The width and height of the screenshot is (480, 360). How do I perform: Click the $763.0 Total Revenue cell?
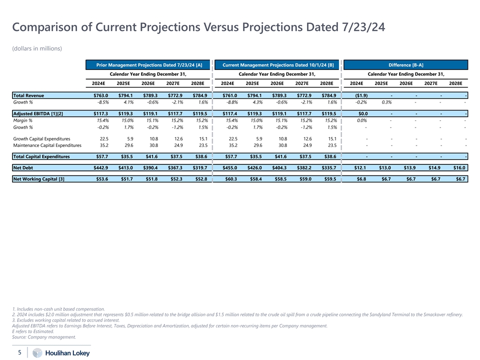tap(100, 95)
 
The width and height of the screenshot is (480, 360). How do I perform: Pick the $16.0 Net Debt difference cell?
tap(459, 167)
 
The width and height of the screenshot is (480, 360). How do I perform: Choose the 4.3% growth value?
tap(254, 102)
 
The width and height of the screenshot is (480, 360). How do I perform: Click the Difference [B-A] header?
tap(405, 65)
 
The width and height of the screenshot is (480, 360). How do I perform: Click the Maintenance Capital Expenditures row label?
tap(47, 145)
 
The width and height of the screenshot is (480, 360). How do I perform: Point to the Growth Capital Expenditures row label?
tap(41, 138)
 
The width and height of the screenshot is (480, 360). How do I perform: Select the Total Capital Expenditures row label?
tap(41, 156)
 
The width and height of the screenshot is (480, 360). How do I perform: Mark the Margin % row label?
tap(22, 120)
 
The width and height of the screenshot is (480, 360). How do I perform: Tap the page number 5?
tap(19, 352)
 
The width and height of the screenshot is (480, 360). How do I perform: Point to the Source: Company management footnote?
tap(43, 336)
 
